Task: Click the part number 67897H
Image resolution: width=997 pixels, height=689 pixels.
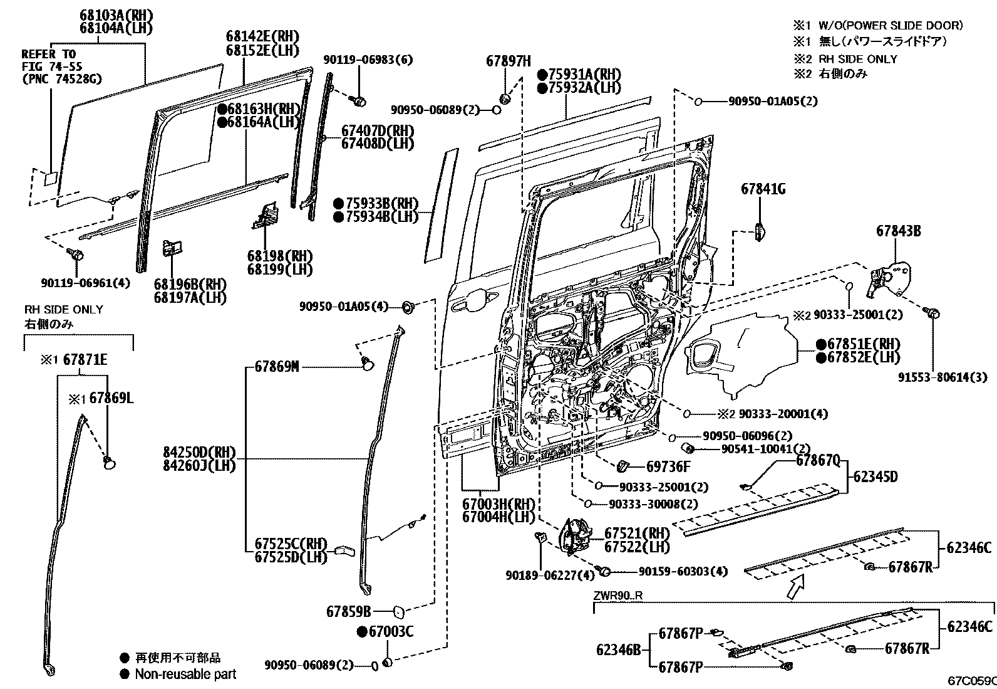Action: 508,61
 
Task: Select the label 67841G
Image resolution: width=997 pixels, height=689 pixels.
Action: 763,189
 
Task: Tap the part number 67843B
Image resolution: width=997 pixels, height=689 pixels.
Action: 898,231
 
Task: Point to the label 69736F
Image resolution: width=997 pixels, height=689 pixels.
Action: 668,466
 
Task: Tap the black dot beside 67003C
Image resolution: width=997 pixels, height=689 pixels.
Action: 362,631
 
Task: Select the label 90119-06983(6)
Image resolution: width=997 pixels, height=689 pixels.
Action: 368,60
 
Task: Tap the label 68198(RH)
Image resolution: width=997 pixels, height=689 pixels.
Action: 279,256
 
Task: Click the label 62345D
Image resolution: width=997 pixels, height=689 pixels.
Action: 876,476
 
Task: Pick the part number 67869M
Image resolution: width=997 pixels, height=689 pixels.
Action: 276,367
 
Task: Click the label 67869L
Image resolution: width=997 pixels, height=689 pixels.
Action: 111,398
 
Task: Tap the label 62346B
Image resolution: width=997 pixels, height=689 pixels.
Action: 618,650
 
